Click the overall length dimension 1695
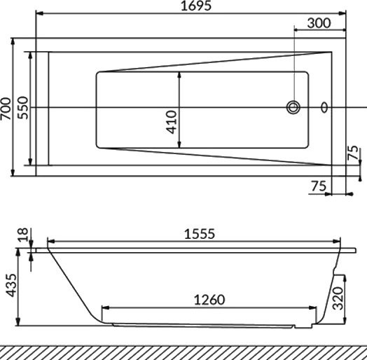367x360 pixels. [191, 6]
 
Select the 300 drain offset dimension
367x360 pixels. [319, 23]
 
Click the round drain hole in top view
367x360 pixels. [293, 107]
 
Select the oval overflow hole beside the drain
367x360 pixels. [324, 107]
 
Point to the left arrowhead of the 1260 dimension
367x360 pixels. [105, 307]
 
